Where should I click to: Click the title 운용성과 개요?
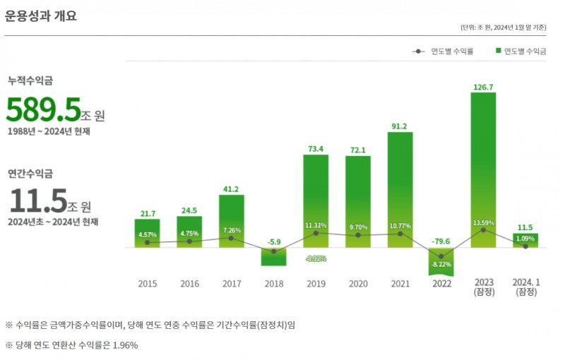point(41,16)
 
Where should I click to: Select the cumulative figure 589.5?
point(44,109)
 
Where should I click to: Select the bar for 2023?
point(483,169)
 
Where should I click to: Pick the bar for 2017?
point(231,221)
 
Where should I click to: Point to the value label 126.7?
point(483,87)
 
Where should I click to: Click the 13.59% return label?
point(483,223)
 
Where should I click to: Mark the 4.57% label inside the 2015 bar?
point(147,234)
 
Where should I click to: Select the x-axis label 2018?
point(273,284)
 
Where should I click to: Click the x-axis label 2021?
point(400,284)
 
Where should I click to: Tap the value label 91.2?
point(400,126)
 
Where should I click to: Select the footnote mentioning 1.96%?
point(71,345)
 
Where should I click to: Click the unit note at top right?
point(503,28)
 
